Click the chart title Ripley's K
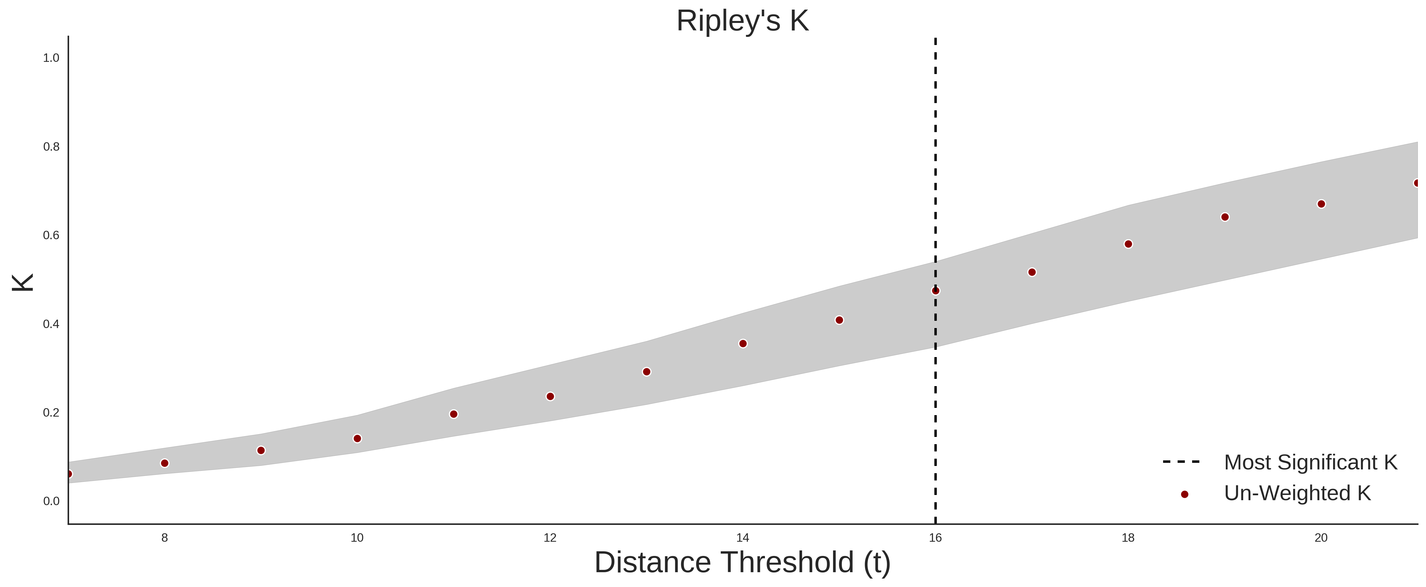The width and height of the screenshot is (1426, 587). tap(742, 21)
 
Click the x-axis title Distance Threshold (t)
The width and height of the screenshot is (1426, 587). tap(742, 563)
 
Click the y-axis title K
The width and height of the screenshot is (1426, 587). tap(23, 282)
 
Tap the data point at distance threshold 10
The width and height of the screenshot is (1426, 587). tap(357, 439)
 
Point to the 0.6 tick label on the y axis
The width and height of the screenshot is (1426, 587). tap(51, 235)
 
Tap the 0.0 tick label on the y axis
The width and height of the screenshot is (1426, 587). tap(51, 501)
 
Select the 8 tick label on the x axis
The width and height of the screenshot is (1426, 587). tap(165, 538)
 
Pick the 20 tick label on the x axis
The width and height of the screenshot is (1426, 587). tap(1321, 538)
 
